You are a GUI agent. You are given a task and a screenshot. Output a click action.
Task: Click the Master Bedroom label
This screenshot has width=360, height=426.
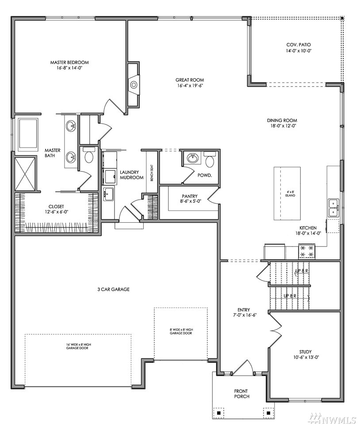(x=69, y=62)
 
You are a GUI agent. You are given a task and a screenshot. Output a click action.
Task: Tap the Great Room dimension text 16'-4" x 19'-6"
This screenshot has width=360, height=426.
(x=190, y=86)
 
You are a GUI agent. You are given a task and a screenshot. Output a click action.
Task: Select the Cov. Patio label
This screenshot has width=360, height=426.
(x=298, y=45)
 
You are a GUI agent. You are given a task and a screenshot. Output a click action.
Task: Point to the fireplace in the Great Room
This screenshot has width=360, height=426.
(x=134, y=85)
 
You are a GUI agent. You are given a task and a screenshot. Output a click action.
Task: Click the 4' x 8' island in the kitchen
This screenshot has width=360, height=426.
(x=287, y=194)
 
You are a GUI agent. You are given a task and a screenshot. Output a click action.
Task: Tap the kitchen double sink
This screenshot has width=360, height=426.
(x=333, y=208)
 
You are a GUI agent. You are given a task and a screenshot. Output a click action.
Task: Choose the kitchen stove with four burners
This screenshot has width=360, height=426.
(x=306, y=251)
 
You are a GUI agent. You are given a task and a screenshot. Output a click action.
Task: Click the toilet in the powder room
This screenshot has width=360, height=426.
(x=210, y=160)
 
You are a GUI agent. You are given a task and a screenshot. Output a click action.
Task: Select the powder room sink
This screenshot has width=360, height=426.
(x=193, y=158)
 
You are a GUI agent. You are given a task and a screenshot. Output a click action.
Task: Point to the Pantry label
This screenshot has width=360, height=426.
(x=190, y=196)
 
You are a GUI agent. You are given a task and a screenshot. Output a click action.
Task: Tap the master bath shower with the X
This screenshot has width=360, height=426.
(x=25, y=174)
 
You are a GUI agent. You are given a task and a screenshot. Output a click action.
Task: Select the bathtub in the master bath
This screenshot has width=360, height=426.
(x=28, y=134)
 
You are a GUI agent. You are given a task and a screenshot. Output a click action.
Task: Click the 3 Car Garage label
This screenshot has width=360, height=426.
(x=113, y=289)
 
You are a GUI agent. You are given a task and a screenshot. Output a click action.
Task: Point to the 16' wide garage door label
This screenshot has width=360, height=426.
(x=79, y=346)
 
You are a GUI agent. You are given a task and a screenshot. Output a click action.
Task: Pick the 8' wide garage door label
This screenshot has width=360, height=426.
(x=181, y=331)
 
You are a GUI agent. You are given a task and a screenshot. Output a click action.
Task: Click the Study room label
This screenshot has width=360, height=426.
(x=306, y=352)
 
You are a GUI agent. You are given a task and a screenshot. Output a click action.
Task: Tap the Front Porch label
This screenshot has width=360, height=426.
(x=241, y=394)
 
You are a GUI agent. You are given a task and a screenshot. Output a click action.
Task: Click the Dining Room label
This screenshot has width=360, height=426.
(x=282, y=120)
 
